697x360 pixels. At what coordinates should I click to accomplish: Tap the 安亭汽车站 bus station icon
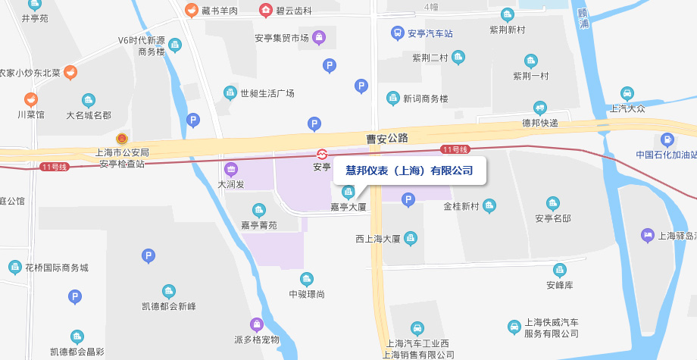coord(397,33)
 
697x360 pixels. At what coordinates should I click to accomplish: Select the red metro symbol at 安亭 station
coord(322,153)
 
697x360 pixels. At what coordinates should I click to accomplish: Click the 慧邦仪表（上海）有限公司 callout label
coord(409,171)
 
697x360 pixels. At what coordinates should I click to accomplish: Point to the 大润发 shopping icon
coord(231,168)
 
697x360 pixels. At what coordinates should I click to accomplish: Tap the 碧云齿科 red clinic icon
coord(266,11)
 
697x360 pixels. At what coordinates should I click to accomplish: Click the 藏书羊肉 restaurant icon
coord(192,11)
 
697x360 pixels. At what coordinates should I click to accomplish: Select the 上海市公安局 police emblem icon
coord(121,139)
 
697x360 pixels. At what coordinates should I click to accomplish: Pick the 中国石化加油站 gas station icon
coord(667,139)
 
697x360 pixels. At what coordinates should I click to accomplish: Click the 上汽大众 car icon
coord(627,93)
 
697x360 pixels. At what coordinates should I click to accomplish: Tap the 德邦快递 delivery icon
coord(540,108)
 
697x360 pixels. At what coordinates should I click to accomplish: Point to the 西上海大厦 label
coord(378,239)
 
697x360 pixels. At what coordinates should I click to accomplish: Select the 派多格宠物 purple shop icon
coord(257,324)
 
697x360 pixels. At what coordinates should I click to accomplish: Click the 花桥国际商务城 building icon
coord(15,268)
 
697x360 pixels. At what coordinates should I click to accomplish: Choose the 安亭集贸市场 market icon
coord(320,37)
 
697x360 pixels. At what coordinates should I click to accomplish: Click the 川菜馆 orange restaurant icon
coord(31,99)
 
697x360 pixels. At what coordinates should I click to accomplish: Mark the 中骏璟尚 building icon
coord(307,279)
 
